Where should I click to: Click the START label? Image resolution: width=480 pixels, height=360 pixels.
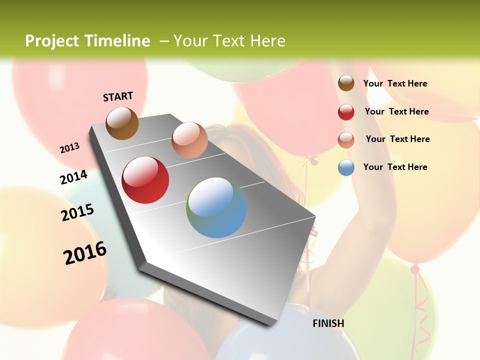pos(118,96)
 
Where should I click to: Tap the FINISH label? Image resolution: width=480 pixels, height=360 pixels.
pos(328,323)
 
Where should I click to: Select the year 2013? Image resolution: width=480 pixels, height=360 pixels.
pos(69,148)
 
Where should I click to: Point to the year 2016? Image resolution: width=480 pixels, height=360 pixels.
pos(85,252)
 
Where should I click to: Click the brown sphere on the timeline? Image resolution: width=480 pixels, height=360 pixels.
pos(122,123)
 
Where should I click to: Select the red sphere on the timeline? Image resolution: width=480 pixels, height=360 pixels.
pos(145,180)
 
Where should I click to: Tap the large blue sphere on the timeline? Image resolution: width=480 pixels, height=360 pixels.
pos(216,207)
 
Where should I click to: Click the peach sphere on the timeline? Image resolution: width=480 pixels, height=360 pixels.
pos(189,140)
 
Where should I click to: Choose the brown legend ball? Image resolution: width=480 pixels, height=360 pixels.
pos(346,83)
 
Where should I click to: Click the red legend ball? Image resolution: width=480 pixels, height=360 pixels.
pos(346,112)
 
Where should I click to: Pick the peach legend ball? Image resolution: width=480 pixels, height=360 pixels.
pos(346,140)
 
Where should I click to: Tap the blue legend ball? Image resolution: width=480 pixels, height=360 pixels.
pos(346,167)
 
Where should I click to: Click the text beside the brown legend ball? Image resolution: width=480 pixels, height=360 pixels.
pos(395,83)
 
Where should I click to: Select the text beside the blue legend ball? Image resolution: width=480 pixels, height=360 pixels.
pos(395,167)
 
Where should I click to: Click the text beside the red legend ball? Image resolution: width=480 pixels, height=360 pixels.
pos(396,111)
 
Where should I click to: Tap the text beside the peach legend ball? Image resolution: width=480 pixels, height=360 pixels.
pos(397,139)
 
